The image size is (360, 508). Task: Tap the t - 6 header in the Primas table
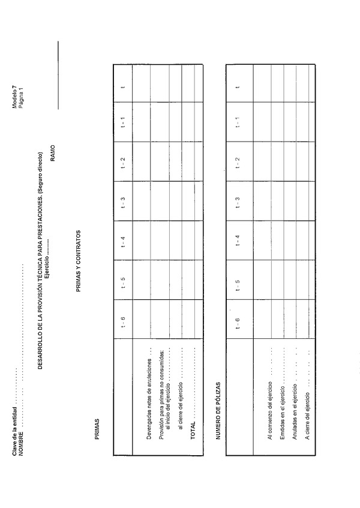click(123, 321)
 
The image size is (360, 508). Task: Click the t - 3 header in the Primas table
click(123, 202)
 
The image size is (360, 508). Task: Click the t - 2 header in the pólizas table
click(238, 163)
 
